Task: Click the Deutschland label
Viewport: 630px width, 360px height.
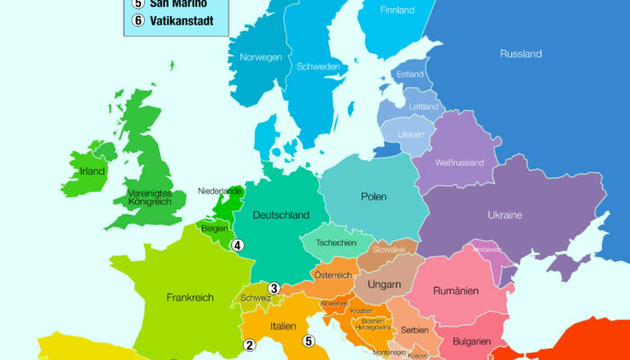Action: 281,215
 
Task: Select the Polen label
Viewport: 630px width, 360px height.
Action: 373,196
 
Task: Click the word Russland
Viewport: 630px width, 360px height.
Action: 520,54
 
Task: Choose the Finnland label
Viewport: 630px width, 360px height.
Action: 397,11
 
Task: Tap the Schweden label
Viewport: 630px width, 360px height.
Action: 319,67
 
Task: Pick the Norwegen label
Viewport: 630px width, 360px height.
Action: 261,57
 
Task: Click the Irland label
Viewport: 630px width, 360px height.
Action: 92,171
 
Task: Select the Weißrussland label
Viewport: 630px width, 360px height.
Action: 459,163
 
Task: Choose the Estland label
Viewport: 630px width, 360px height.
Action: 409,74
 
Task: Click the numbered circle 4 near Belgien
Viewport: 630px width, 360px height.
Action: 238,245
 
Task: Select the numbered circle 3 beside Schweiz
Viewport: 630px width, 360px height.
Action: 274,289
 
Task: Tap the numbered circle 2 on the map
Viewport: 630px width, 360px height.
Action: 250,344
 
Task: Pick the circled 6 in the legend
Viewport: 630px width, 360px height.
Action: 138,21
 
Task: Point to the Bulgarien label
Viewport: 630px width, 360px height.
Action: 472,341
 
